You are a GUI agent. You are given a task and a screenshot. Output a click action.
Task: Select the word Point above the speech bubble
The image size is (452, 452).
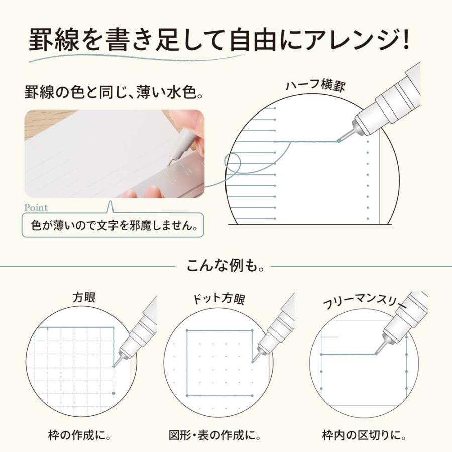click(36, 207)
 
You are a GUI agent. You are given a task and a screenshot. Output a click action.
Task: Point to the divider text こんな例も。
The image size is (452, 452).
click(225, 265)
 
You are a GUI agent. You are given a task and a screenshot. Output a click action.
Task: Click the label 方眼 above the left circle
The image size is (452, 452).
click(84, 297)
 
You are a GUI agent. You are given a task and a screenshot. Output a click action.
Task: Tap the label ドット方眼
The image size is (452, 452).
click(219, 300)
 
